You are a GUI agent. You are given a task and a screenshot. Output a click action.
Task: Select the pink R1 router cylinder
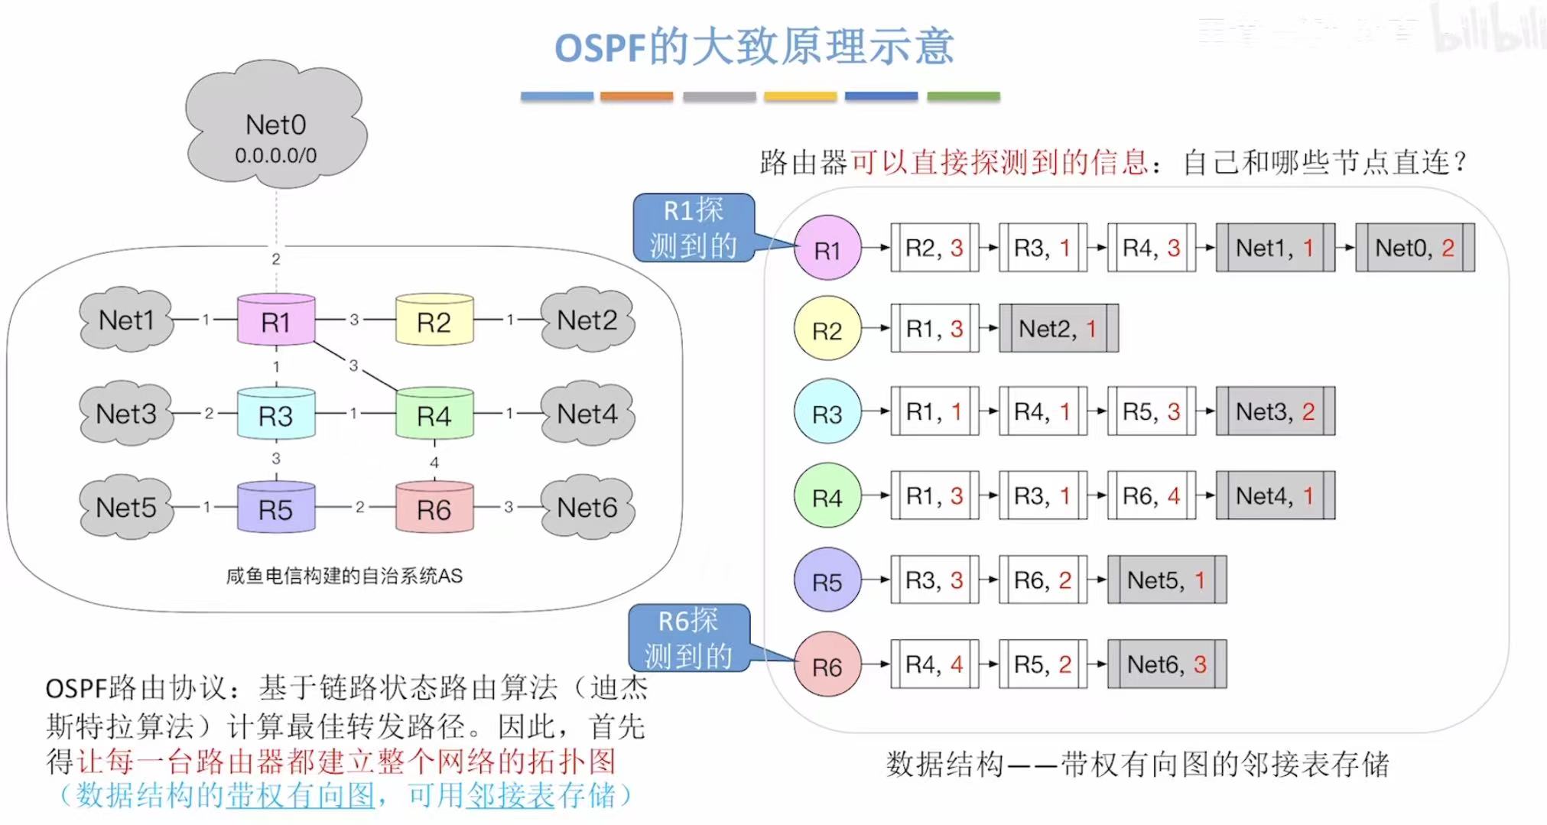pos(276,320)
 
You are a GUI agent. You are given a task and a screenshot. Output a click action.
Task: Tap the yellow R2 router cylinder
pos(434,320)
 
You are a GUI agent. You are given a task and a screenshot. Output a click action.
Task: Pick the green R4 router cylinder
pos(434,414)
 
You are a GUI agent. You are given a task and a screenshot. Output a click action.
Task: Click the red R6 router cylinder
pos(434,508)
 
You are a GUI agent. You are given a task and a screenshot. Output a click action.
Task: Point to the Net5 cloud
pos(126,507)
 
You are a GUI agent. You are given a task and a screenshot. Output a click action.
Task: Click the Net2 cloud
pos(587,320)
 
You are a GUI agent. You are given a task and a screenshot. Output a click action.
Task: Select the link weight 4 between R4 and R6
pos(434,462)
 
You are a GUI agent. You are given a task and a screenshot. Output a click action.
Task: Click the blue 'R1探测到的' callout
pos(694,228)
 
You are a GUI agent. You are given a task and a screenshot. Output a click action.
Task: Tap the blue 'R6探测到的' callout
pos(688,638)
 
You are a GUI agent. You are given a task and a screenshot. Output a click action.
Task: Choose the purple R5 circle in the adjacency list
pos(827,581)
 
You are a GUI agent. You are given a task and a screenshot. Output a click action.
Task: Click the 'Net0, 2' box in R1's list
pos(1415,248)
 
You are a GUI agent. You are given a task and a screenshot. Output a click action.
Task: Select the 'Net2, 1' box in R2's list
pos(1058,329)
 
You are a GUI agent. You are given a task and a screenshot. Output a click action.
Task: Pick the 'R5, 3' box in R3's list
pos(1152,412)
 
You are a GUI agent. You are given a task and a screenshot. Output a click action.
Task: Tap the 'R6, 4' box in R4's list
pos(1152,496)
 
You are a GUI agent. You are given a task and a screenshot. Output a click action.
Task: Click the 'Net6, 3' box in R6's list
pos(1167,664)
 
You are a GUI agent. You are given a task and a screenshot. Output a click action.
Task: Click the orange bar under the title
pos(636,96)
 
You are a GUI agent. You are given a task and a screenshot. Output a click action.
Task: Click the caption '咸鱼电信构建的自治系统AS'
pos(344,576)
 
